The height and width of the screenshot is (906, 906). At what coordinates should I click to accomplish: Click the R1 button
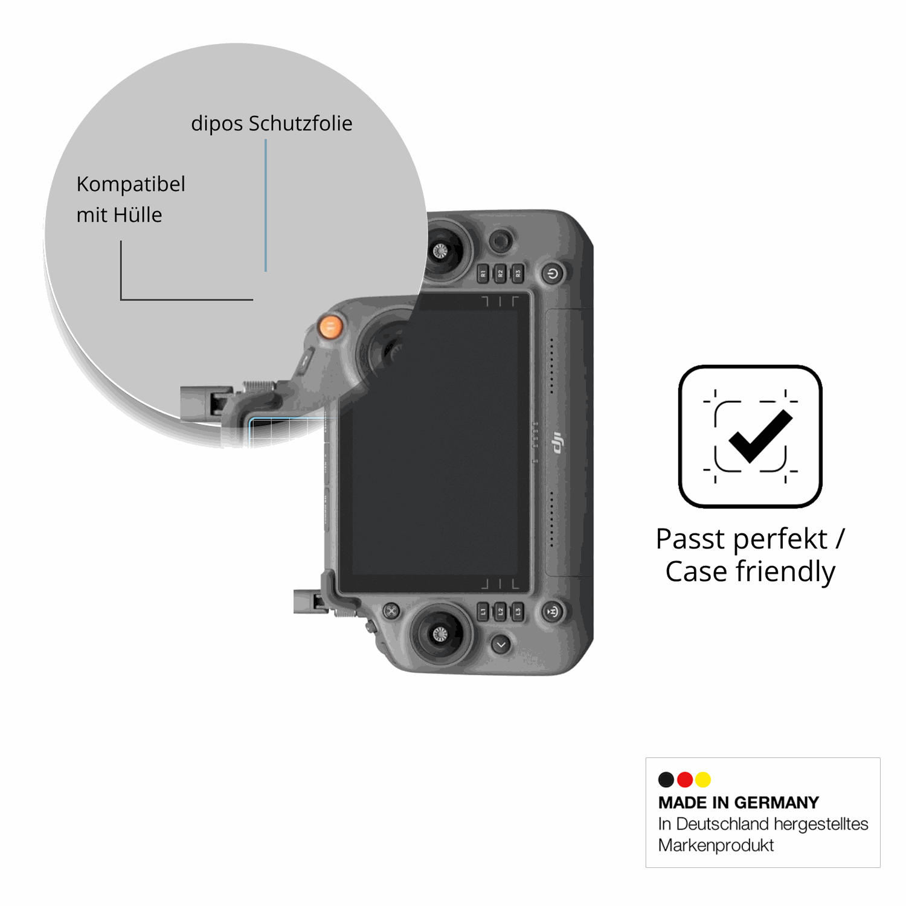coord(483,274)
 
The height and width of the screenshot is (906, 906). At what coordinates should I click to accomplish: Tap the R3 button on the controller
coord(518,274)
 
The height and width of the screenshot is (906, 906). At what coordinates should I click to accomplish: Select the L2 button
coord(500,611)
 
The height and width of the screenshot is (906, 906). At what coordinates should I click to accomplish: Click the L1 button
coord(483,611)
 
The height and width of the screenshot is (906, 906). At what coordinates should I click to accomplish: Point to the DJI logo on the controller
coord(557,443)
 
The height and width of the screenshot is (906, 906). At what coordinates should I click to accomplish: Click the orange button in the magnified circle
coord(330,327)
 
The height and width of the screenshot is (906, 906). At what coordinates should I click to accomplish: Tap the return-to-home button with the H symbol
coord(552,611)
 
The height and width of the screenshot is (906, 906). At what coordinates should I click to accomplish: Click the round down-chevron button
coord(501,645)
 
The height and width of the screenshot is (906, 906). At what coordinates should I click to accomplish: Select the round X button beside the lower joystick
coord(391,611)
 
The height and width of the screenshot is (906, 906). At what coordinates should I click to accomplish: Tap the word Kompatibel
coord(130,185)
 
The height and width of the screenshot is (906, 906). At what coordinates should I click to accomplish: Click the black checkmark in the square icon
coord(760,435)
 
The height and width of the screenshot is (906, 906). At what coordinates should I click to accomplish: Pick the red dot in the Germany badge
coord(685,780)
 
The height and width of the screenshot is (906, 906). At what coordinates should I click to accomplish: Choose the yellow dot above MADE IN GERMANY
coord(703,780)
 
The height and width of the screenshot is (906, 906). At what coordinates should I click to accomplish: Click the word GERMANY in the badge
coord(777,803)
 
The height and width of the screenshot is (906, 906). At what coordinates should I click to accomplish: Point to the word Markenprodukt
coord(716,846)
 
